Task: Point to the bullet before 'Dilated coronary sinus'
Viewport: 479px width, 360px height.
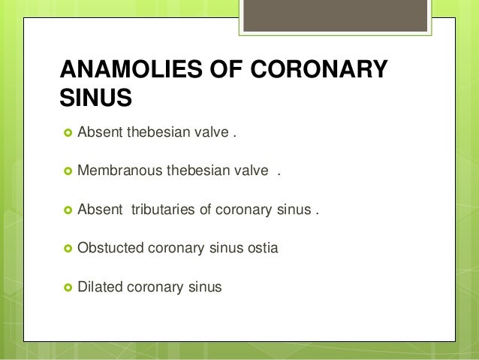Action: point(67,286)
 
